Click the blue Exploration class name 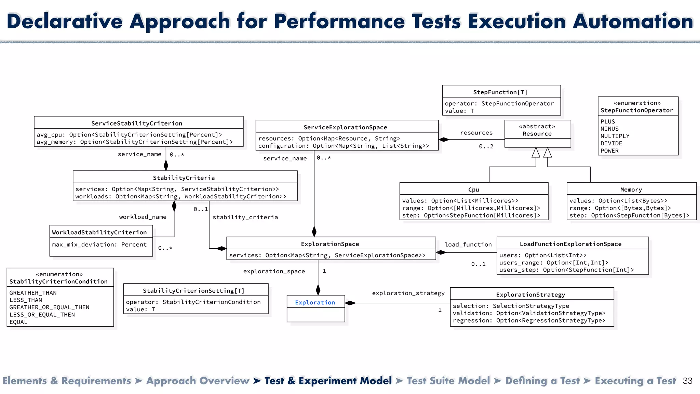(315, 302)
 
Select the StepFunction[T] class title (500, 92)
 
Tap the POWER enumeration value (609, 151)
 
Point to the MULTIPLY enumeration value (615, 136)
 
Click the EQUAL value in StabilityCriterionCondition (18, 322)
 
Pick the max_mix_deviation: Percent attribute (99, 245)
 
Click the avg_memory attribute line (135, 142)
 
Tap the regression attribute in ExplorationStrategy (529, 320)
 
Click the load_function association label (468, 245)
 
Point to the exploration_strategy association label (408, 293)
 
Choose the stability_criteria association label (245, 217)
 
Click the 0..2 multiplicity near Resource (486, 146)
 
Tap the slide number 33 (687, 381)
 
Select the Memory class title (631, 190)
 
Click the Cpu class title (473, 190)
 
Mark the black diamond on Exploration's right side (350, 303)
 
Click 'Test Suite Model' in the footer (448, 381)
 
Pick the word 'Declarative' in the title (65, 21)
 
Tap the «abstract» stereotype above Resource (537, 127)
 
